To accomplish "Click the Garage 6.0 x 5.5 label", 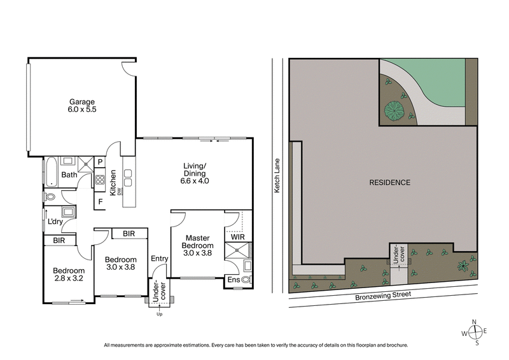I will [82, 106].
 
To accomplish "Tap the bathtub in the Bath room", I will [50, 174].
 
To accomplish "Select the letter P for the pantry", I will [100, 163].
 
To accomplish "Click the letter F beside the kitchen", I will [100, 203].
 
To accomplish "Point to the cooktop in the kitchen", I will [100, 180].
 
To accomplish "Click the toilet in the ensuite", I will [246, 280].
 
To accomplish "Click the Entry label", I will [158, 258].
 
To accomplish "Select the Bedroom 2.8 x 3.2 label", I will [69, 274].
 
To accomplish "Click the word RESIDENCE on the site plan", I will [389, 183].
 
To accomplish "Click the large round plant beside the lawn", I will [394, 111].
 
